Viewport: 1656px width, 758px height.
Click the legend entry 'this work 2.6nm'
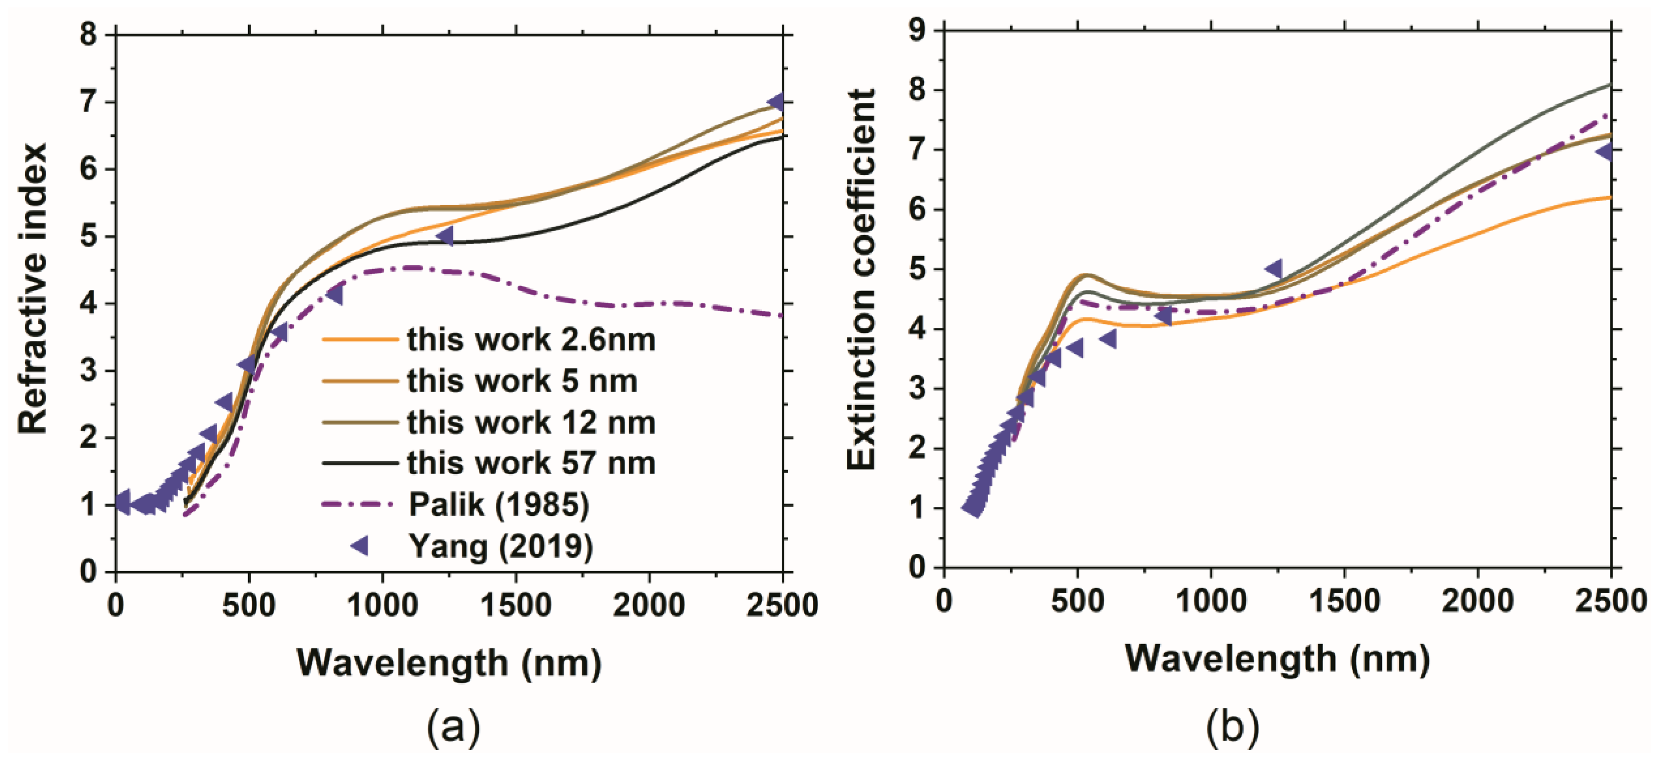click(x=531, y=339)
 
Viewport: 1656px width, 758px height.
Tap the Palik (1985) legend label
click(x=499, y=504)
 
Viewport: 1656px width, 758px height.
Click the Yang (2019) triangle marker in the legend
click(x=359, y=546)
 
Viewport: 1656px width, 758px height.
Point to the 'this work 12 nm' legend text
click(x=531, y=422)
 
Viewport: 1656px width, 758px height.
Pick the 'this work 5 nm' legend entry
click(x=522, y=381)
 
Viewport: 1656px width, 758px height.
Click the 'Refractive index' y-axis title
click(x=32, y=288)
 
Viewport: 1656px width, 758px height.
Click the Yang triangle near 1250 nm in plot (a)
click(x=445, y=236)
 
